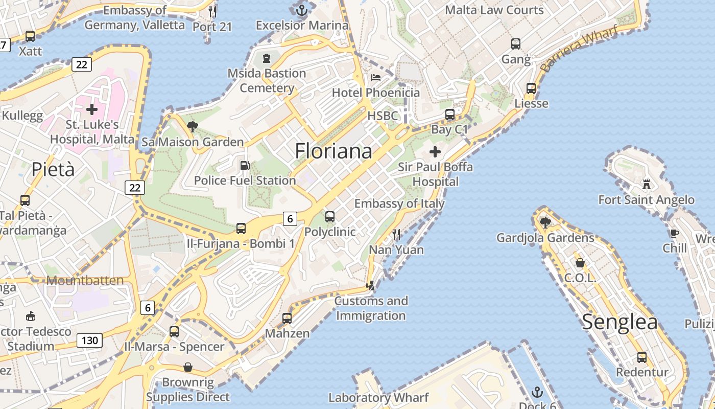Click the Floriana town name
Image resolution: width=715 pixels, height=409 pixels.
333,151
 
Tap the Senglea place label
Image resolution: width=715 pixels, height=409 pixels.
619,322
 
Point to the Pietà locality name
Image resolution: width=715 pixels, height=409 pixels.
53,169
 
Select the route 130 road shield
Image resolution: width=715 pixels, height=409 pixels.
89,340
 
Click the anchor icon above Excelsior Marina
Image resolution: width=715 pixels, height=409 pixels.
301,9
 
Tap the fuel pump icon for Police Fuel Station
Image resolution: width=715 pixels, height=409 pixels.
245,166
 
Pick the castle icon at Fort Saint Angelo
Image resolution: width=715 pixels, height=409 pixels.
647,184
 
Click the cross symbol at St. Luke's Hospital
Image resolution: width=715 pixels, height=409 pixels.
92,109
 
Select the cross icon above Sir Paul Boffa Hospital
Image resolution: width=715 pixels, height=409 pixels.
435,152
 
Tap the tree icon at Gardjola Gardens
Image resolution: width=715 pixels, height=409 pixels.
545,222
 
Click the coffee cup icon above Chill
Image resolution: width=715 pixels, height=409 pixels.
675,234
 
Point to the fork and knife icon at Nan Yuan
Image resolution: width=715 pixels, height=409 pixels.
396,235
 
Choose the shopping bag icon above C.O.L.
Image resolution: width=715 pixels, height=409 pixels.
580,263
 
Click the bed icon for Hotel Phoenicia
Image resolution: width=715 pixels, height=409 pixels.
376,78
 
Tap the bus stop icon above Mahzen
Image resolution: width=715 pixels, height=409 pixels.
287,319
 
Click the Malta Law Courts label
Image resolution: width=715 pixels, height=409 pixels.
494,10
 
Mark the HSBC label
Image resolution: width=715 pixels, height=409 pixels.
383,116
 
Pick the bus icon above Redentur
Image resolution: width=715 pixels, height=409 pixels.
642,357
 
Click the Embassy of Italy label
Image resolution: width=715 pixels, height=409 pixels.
399,203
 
